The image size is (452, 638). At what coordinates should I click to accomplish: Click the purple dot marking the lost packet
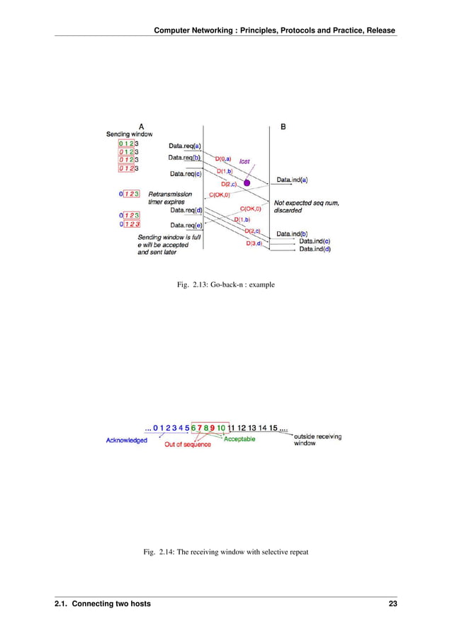247,183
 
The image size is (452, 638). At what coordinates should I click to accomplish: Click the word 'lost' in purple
244,161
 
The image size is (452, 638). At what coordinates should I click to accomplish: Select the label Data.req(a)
185,146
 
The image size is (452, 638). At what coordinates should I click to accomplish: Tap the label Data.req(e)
186,225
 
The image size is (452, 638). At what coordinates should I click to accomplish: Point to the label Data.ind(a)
292,180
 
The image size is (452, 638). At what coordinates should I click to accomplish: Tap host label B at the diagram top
283,127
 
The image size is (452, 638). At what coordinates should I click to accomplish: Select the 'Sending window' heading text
129,134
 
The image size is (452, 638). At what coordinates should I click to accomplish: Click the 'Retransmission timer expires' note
170,198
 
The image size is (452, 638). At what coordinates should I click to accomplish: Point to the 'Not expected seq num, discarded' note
307,206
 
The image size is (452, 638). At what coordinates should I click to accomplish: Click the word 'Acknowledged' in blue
127,440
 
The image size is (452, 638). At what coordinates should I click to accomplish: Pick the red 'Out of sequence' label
188,444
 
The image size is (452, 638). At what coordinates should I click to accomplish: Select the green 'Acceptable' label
239,439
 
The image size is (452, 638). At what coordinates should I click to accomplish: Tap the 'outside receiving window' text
317,440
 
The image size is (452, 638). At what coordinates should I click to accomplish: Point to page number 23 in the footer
392,604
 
